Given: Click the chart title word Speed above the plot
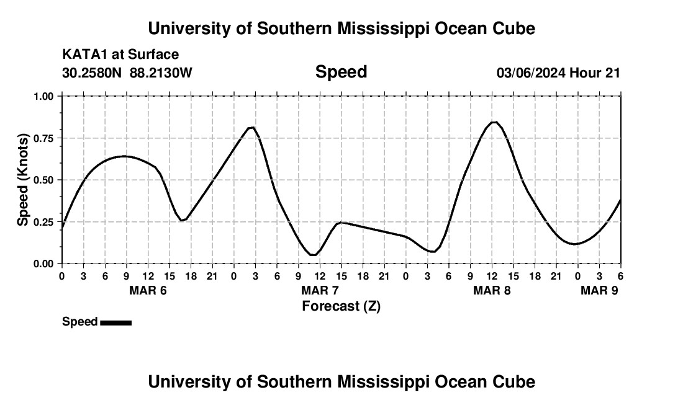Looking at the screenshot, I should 341,72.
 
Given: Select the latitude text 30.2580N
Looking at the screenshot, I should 93,73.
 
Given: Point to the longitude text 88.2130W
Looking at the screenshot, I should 161,73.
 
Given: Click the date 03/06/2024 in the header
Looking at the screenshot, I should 531,73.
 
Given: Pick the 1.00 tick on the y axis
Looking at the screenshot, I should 44,96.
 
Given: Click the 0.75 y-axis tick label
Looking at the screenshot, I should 44,138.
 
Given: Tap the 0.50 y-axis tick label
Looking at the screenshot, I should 44,180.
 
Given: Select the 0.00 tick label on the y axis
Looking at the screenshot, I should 44,263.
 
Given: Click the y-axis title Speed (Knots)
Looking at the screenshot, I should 23,179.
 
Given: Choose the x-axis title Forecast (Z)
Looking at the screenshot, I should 341,306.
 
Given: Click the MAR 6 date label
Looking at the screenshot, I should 148,290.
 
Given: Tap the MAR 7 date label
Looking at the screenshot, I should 320,290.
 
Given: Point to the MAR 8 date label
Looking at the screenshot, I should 492,290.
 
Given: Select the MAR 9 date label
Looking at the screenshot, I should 599,290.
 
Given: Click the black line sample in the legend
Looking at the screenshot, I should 115,322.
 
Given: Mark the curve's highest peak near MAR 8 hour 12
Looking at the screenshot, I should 494,122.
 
